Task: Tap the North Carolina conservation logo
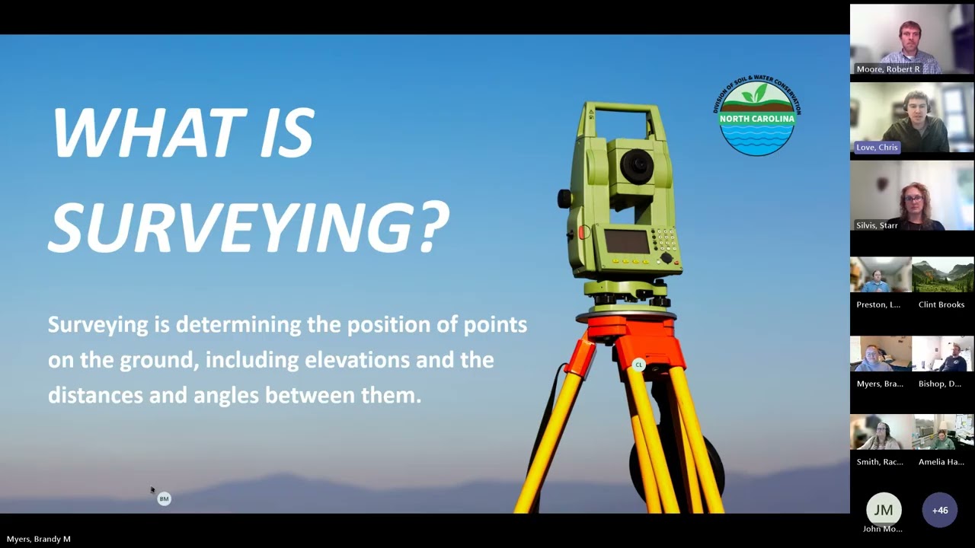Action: pos(757,117)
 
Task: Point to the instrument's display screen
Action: pos(626,241)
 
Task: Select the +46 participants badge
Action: pos(940,511)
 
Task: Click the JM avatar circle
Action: pos(884,511)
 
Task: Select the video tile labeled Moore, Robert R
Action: pos(912,39)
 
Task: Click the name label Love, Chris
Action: pos(877,147)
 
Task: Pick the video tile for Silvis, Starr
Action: pos(912,196)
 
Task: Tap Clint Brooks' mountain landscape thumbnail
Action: pos(942,276)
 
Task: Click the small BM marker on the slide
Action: pos(164,499)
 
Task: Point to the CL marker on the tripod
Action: pos(639,365)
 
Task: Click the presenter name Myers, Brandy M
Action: pos(39,539)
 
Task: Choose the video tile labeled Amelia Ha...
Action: pos(942,433)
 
